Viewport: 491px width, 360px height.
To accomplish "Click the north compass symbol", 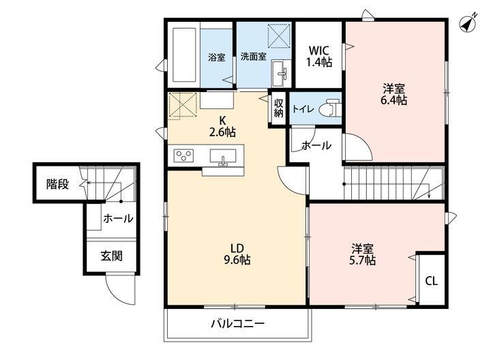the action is [x=468, y=23].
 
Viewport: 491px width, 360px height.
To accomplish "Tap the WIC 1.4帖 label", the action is [x=318, y=57].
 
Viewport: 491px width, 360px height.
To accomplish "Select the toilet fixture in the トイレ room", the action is [x=330, y=108].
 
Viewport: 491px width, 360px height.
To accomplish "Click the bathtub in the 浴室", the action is [x=184, y=55].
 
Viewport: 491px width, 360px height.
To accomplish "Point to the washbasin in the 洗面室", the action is [x=280, y=74].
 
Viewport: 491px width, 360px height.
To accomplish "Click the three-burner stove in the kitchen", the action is [x=183, y=155].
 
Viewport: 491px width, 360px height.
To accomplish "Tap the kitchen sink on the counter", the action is [x=223, y=156].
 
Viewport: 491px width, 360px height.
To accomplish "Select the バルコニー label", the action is [x=237, y=323].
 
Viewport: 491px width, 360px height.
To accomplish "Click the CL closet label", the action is [x=431, y=281].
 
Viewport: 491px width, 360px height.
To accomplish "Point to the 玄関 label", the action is [x=111, y=256].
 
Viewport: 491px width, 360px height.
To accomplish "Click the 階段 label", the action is [x=57, y=184].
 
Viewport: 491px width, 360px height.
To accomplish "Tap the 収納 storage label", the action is [x=279, y=108].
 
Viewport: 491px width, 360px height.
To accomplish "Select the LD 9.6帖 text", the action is [x=237, y=254].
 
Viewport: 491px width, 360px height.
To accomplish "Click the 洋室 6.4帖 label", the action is [x=393, y=95].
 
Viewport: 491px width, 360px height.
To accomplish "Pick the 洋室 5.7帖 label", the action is [x=362, y=255].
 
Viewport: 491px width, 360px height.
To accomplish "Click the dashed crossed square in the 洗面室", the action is [x=279, y=35].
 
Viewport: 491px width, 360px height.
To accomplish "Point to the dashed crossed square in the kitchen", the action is [x=183, y=106].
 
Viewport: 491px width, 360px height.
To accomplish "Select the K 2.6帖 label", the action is [x=222, y=126].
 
